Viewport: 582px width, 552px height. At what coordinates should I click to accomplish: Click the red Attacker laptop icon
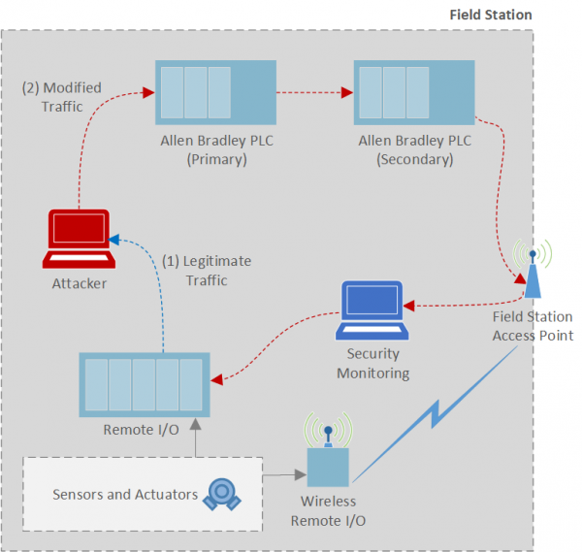(x=81, y=239)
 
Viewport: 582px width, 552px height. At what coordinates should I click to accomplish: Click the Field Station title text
(x=490, y=15)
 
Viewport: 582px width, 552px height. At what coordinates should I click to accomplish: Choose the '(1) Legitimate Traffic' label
(x=206, y=271)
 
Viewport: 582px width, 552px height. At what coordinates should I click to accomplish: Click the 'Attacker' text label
(x=80, y=284)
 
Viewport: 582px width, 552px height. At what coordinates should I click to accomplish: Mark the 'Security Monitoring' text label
(x=372, y=364)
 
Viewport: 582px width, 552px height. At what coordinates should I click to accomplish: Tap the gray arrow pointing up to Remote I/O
(x=195, y=437)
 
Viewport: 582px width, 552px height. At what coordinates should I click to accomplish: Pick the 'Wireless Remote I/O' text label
(x=328, y=510)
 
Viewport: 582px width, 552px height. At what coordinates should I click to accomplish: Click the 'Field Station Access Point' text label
(x=532, y=326)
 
